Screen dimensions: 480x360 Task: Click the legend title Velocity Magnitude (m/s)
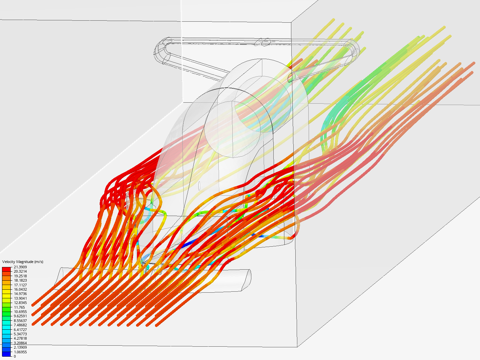coord(23,262)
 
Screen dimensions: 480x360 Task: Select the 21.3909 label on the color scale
coord(20,267)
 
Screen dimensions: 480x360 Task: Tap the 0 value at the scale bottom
coord(15,356)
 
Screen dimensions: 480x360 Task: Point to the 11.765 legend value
coord(19,307)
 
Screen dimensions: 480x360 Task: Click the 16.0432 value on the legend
coord(20,289)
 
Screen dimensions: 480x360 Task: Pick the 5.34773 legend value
coord(20,334)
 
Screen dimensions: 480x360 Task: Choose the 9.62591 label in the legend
coord(20,316)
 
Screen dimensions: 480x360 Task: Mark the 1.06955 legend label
coord(20,352)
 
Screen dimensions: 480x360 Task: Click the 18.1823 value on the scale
coord(20,280)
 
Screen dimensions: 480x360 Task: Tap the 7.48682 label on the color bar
coord(20,325)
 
